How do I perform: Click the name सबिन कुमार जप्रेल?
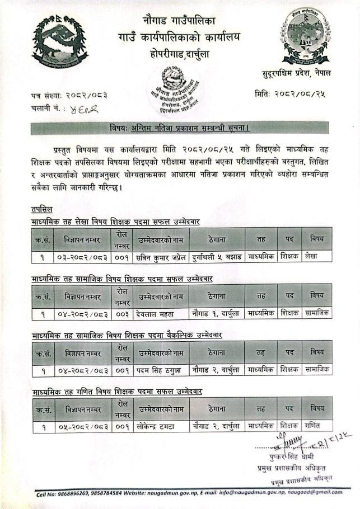pyautogui.click(x=161, y=257)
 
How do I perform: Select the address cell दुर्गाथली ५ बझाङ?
pyautogui.click(x=216, y=257)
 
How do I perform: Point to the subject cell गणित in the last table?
pyautogui.click(x=312, y=426)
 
